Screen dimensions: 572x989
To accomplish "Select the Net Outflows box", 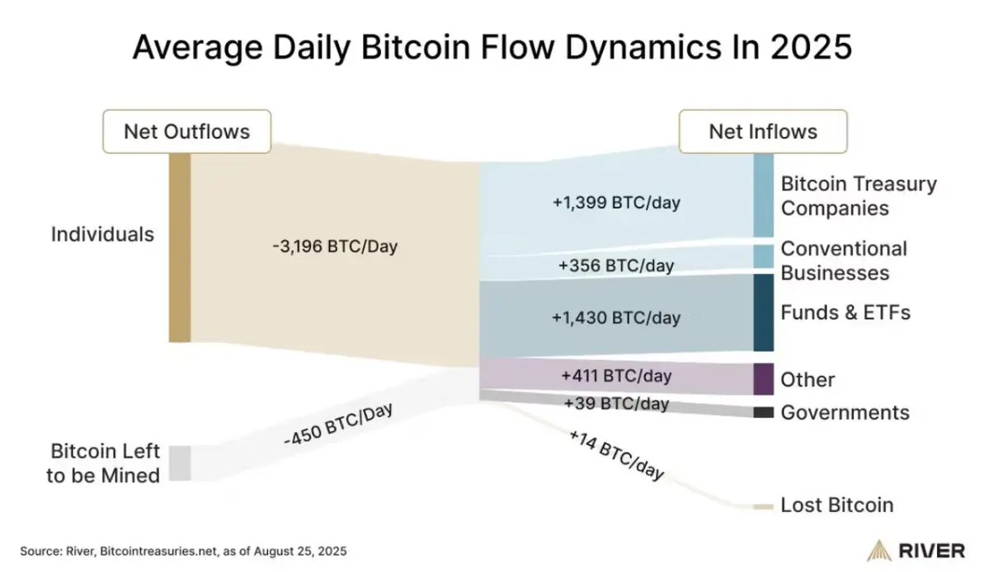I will pyautogui.click(x=186, y=132).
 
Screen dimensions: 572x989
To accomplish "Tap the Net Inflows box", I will pyautogui.click(x=762, y=132).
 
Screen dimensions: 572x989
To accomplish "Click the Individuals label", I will pyautogui.click(x=102, y=234).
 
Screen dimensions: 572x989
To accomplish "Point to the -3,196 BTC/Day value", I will pyautogui.click(x=334, y=247).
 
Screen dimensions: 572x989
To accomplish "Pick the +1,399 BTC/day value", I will pyautogui.click(x=617, y=202).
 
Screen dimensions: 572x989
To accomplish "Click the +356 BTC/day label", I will pyautogui.click(x=616, y=265).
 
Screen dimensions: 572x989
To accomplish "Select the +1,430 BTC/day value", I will pyautogui.click(x=617, y=317).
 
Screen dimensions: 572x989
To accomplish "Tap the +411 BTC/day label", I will pyautogui.click(x=616, y=376).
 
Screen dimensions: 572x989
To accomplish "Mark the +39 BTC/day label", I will pyautogui.click(x=616, y=403).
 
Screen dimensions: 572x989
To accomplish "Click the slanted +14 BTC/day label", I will pyautogui.click(x=616, y=455).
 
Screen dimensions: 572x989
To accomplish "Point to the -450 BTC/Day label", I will pyautogui.click(x=337, y=425).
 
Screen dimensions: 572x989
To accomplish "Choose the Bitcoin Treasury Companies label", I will pyautogui.click(x=858, y=195).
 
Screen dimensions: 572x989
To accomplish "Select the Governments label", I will pyautogui.click(x=845, y=412).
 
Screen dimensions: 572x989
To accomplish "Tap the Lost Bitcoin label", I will pyautogui.click(x=836, y=505).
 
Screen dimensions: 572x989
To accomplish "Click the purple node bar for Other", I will pyautogui.click(x=763, y=379).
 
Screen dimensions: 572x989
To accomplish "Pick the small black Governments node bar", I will pyautogui.click(x=763, y=412).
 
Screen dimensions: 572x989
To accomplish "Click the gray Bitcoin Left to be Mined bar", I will pyautogui.click(x=180, y=463).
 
